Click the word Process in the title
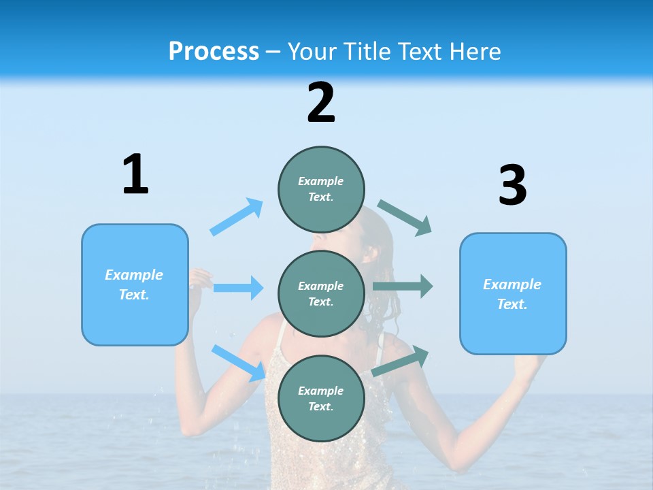click(x=214, y=52)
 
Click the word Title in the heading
click(x=368, y=52)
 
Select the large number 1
click(x=135, y=175)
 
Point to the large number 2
click(x=321, y=103)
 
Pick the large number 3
click(x=512, y=185)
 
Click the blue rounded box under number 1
click(x=135, y=284)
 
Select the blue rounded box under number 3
click(x=513, y=294)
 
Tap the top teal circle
click(x=321, y=189)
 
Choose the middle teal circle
click(x=321, y=293)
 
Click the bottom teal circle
click(x=321, y=398)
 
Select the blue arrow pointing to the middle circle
click(x=238, y=288)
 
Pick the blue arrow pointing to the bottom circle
click(x=239, y=363)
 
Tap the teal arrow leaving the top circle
click(x=405, y=218)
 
